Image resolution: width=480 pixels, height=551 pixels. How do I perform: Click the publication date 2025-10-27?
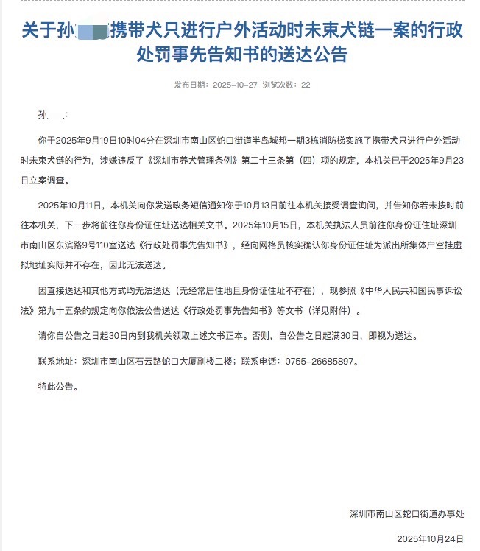[x=235, y=85]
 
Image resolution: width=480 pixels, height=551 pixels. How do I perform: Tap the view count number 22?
[x=306, y=85]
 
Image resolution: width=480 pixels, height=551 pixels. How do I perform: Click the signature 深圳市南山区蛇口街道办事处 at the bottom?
[x=412, y=513]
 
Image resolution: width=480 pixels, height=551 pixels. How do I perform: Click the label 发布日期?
[x=191, y=85]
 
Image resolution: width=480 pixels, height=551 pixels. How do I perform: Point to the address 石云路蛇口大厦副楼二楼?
[x=180, y=361]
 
